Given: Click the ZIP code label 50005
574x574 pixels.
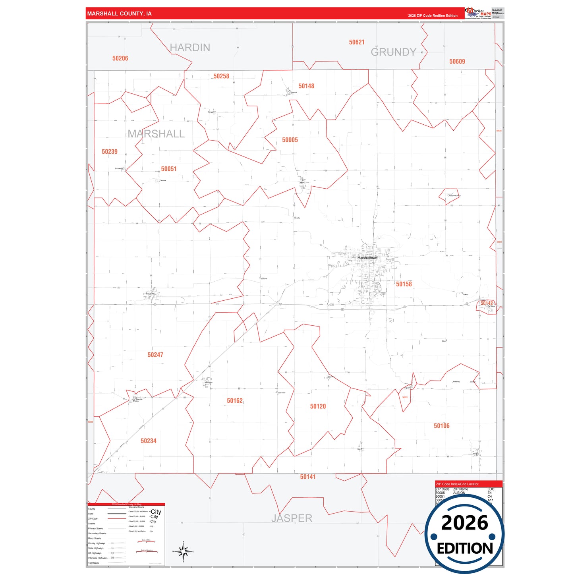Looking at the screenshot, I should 290,140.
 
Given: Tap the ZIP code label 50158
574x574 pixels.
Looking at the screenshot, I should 404,284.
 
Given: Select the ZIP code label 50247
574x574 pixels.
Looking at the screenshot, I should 155,355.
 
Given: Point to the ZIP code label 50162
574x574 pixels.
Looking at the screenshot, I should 235,401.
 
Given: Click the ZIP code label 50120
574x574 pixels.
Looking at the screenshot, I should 318,406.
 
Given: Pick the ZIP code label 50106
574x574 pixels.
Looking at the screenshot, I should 441,426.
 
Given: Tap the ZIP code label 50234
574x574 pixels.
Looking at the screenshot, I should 149,441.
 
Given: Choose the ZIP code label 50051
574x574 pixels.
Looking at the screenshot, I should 169,169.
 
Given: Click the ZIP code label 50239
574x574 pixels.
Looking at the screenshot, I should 110,152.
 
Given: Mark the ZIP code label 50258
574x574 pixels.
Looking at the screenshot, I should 221,76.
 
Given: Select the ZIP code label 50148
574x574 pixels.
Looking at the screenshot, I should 306,86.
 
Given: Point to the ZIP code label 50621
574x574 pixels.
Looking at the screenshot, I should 357,42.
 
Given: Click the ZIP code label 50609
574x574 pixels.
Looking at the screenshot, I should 457,62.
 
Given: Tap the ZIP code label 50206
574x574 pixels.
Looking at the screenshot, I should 120,58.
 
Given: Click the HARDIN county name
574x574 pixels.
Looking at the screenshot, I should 190,48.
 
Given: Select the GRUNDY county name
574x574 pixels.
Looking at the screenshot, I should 393,52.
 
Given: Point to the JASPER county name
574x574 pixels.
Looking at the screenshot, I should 292,518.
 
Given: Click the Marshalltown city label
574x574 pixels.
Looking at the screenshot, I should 367,258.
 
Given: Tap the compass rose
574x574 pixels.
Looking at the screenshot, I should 183,551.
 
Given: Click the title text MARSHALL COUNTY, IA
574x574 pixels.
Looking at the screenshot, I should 119,14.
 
